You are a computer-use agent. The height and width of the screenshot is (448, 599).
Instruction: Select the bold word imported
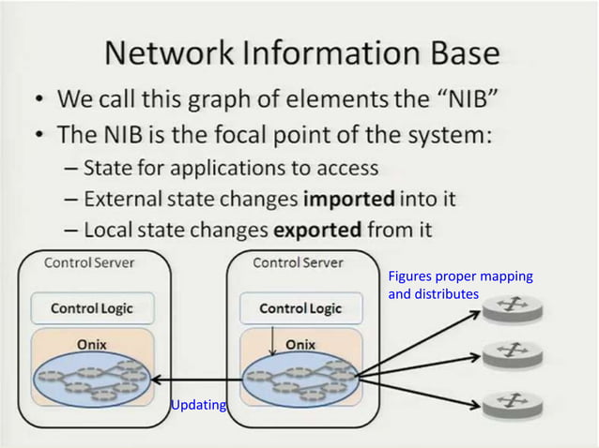[x=349, y=199]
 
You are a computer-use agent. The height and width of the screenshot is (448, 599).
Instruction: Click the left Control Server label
[x=90, y=262]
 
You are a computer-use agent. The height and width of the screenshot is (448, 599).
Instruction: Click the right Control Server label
[x=298, y=262]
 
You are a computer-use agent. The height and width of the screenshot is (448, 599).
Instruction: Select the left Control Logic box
[x=91, y=308]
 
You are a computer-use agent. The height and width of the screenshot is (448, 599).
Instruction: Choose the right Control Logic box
[x=300, y=308]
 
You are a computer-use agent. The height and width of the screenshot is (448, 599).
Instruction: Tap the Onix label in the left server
[x=92, y=344]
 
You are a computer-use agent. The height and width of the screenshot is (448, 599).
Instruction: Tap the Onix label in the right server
[x=300, y=344]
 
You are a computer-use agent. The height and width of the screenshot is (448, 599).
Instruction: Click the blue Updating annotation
[x=198, y=405]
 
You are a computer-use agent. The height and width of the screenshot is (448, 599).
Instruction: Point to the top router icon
[x=513, y=306]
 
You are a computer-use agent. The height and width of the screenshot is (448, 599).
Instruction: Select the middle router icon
[x=513, y=352]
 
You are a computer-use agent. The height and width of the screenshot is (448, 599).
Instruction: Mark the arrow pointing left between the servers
[x=197, y=381]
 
